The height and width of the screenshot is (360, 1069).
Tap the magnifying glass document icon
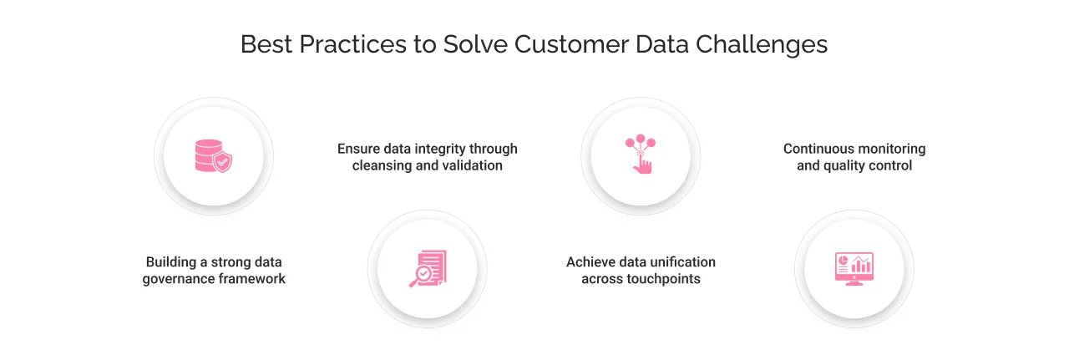pos(427,269)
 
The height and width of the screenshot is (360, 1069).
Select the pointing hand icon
pos(641,155)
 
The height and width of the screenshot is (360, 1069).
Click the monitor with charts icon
pos(854,269)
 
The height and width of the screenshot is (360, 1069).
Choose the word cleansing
pos(382,165)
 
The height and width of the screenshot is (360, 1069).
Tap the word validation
pos(472,165)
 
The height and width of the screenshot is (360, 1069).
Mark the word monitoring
pos(889,149)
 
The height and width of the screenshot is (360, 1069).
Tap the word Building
pos(172,262)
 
